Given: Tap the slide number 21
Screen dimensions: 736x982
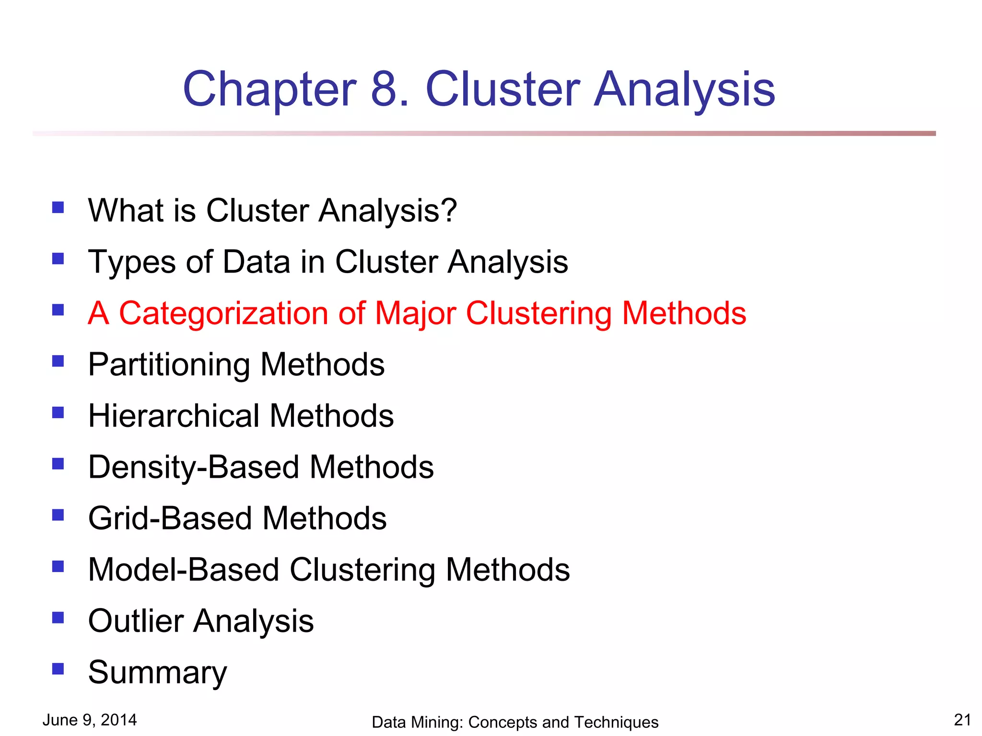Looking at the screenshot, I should pyautogui.click(x=962, y=720).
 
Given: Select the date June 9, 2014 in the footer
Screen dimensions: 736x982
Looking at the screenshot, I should pyautogui.click(x=90, y=720).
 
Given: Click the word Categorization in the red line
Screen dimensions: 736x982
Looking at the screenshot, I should pyautogui.click(x=223, y=314).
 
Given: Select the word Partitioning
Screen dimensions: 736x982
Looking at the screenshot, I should pyautogui.click(x=169, y=365).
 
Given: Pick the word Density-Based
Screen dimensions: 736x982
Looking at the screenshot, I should pyautogui.click(x=194, y=468).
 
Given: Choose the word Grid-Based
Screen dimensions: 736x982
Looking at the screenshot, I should pyautogui.click(x=170, y=518).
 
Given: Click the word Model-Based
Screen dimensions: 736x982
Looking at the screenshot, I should pyautogui.click(x=184, y=570).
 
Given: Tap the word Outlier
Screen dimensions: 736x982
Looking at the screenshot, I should pyautogui.click(x=136, y=621).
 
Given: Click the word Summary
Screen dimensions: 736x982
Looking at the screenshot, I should pyautogui.click(x=157, y=673).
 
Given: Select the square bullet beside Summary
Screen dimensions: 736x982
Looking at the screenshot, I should pyautogui.click(x=58, y=668).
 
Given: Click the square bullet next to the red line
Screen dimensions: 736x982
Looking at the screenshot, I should pyautogui.click(x=58, y=310).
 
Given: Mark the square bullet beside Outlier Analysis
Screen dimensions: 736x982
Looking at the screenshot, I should pyautogui.click(x=58, y=617).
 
